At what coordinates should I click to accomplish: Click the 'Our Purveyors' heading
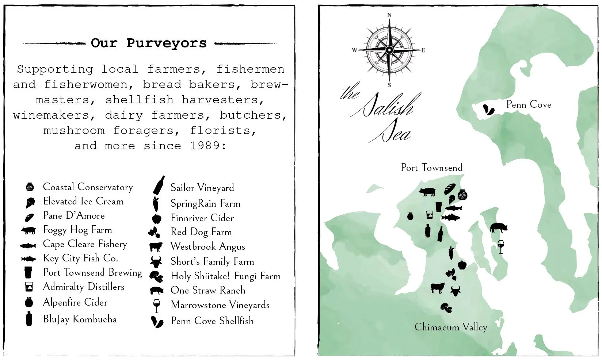coord(149,43)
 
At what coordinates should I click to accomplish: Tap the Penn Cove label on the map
coord(528,105)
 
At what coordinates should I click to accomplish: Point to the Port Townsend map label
coord(431,168)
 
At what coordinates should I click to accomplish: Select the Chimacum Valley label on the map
coord(450,327)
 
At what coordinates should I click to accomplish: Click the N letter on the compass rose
coord(389,15)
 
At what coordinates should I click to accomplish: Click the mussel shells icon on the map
coord(488,110)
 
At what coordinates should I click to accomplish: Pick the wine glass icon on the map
coord(501,247)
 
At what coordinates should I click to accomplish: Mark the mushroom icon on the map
coord(446,308)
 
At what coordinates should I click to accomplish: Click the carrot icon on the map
coord(451,253)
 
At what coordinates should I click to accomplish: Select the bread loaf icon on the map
coord(450,189)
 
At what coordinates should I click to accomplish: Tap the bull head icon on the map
coord(455,291)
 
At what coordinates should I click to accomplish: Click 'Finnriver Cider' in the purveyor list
coord(202,218)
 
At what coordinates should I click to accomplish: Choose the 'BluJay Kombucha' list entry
coord(80,319)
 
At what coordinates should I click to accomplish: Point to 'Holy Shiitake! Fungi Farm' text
coord(225,276)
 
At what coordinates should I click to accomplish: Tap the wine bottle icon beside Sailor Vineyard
coord(159,185)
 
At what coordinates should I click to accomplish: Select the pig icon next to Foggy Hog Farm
coord(29,230)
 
